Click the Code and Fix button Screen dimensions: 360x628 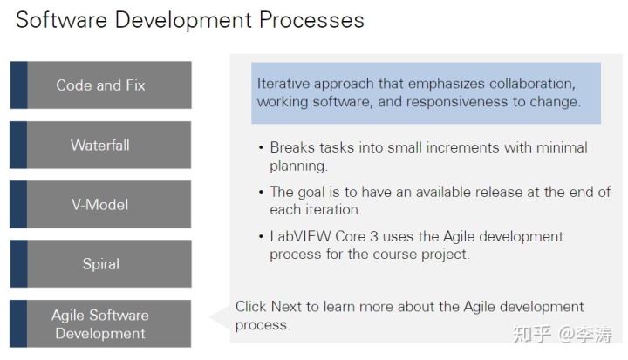tap(100, 85)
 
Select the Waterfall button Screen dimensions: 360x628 tap(100, 145)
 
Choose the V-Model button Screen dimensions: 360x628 tap(100, 205)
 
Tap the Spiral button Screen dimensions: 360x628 tap(100, 264)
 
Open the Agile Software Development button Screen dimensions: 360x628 tap(100, 324)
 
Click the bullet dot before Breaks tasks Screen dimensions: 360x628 tap(261, 148)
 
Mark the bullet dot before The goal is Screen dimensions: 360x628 tap(261, 193)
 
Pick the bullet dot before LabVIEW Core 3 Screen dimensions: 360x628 tap(261, 237)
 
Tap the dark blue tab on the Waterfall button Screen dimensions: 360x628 tap(18, 145)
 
